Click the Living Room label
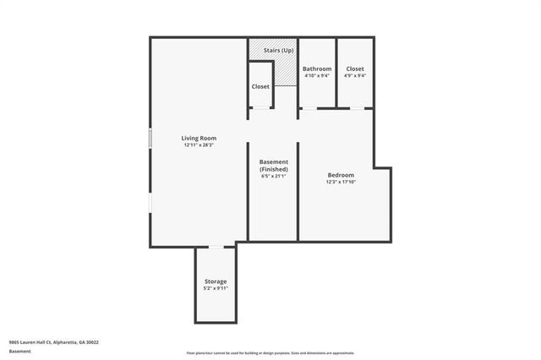[199, 138]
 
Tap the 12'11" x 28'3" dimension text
[199, 145]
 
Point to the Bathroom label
[317, 68]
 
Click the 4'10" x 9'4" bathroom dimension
[317, 75]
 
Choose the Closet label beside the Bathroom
[355, 68]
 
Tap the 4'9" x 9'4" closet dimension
[355, 75]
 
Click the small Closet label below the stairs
[260, 86]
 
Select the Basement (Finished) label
[273, 166]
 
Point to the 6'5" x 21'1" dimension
[273, 176]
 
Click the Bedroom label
[341, 175]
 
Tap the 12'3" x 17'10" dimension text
[341, 183]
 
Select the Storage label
[216, 281]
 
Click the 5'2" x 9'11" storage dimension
[216, 288]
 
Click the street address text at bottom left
[54, 342]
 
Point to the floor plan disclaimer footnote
[270, 353]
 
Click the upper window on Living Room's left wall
[150, 139]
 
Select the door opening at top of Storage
[216, 247]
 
